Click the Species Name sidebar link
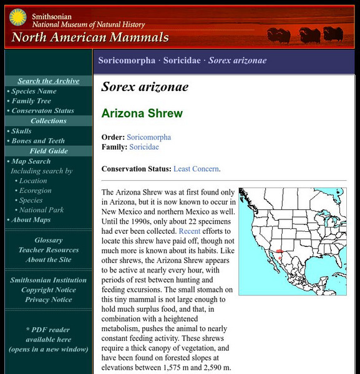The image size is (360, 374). [34, 91]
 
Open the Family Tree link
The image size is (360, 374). [31, 101]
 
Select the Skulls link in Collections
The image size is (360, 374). [21, 131]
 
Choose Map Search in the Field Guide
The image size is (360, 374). [31, 161]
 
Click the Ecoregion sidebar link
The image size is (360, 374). [35, 191]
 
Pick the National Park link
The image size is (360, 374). [41, 210]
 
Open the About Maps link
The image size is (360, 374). [32, 220]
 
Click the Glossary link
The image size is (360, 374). [49, 240]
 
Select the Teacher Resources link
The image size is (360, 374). [49, 250]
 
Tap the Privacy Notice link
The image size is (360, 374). [49, 300]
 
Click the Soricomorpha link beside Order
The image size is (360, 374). [148, 137]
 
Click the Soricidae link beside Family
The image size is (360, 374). [144, 147]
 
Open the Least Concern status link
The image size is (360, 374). [196, 169]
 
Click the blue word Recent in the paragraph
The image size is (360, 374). [189, 231]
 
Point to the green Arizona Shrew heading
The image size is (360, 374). [142, 113]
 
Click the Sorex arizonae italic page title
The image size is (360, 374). [145, 87]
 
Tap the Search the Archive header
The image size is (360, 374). [49, 81]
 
